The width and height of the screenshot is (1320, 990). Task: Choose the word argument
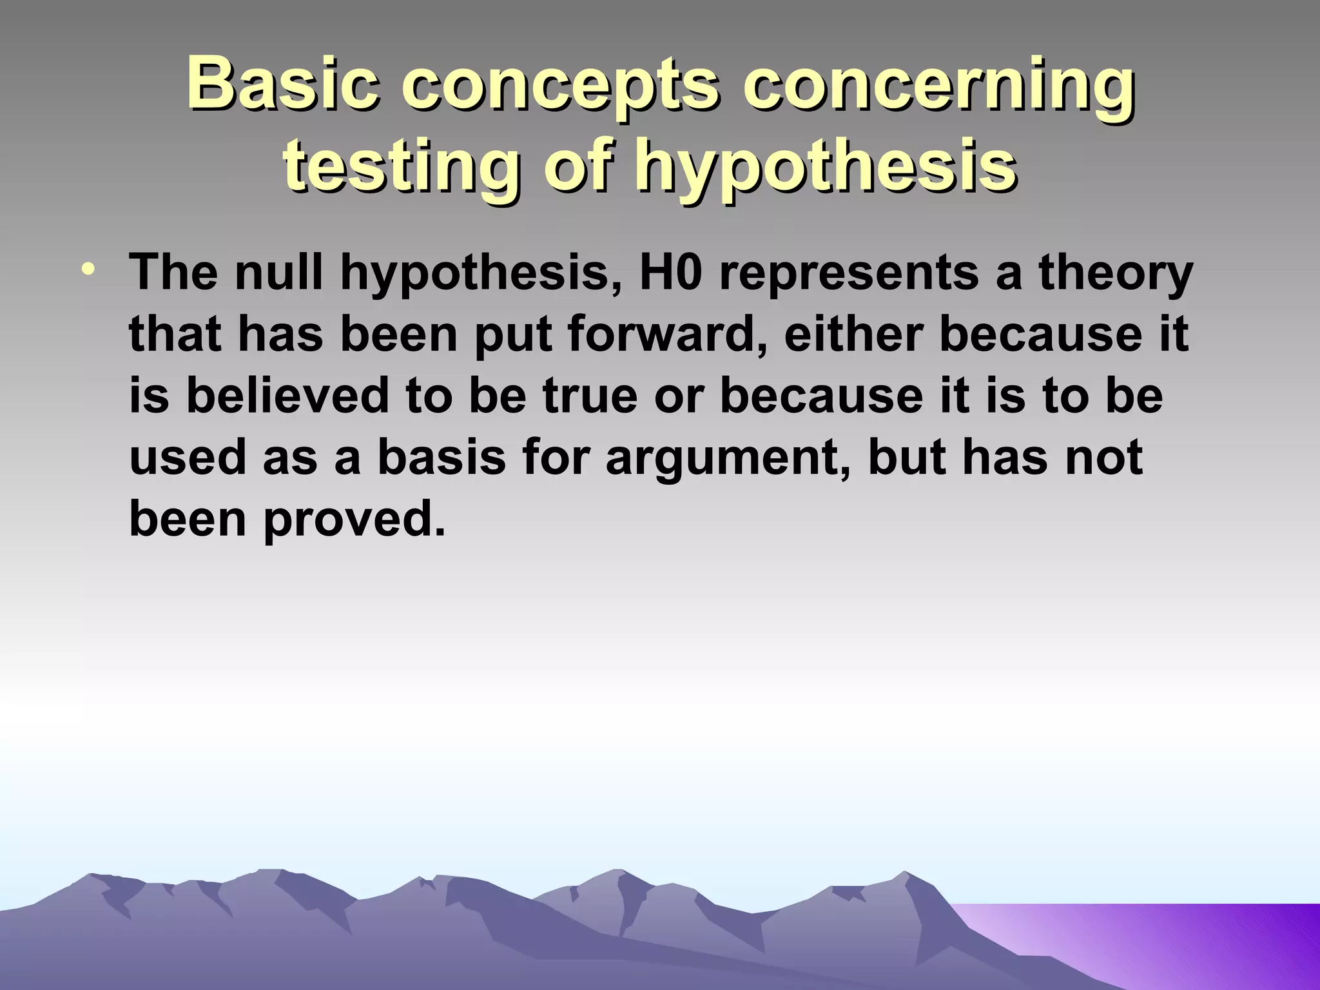[722, 458]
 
